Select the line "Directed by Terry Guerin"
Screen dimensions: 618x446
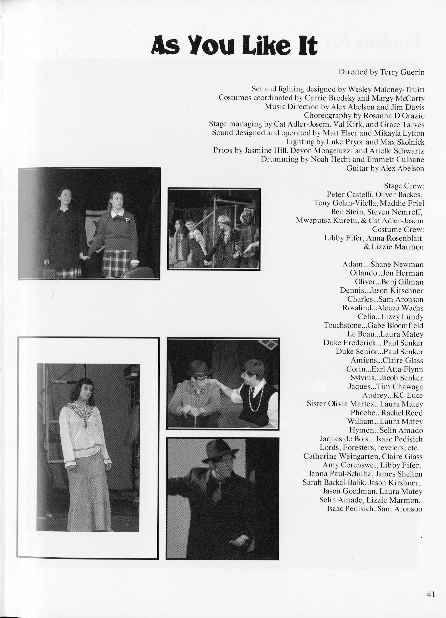pos(381,72)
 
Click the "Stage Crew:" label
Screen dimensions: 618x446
pos(404,186)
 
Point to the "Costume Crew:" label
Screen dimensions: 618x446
pos(398,229)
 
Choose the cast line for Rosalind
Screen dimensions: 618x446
pos(383,308)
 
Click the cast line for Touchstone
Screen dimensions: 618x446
pos(373,326)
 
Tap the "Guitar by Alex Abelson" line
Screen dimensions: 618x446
pos(385,168)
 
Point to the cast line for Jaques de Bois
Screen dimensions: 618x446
pos(371,439)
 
